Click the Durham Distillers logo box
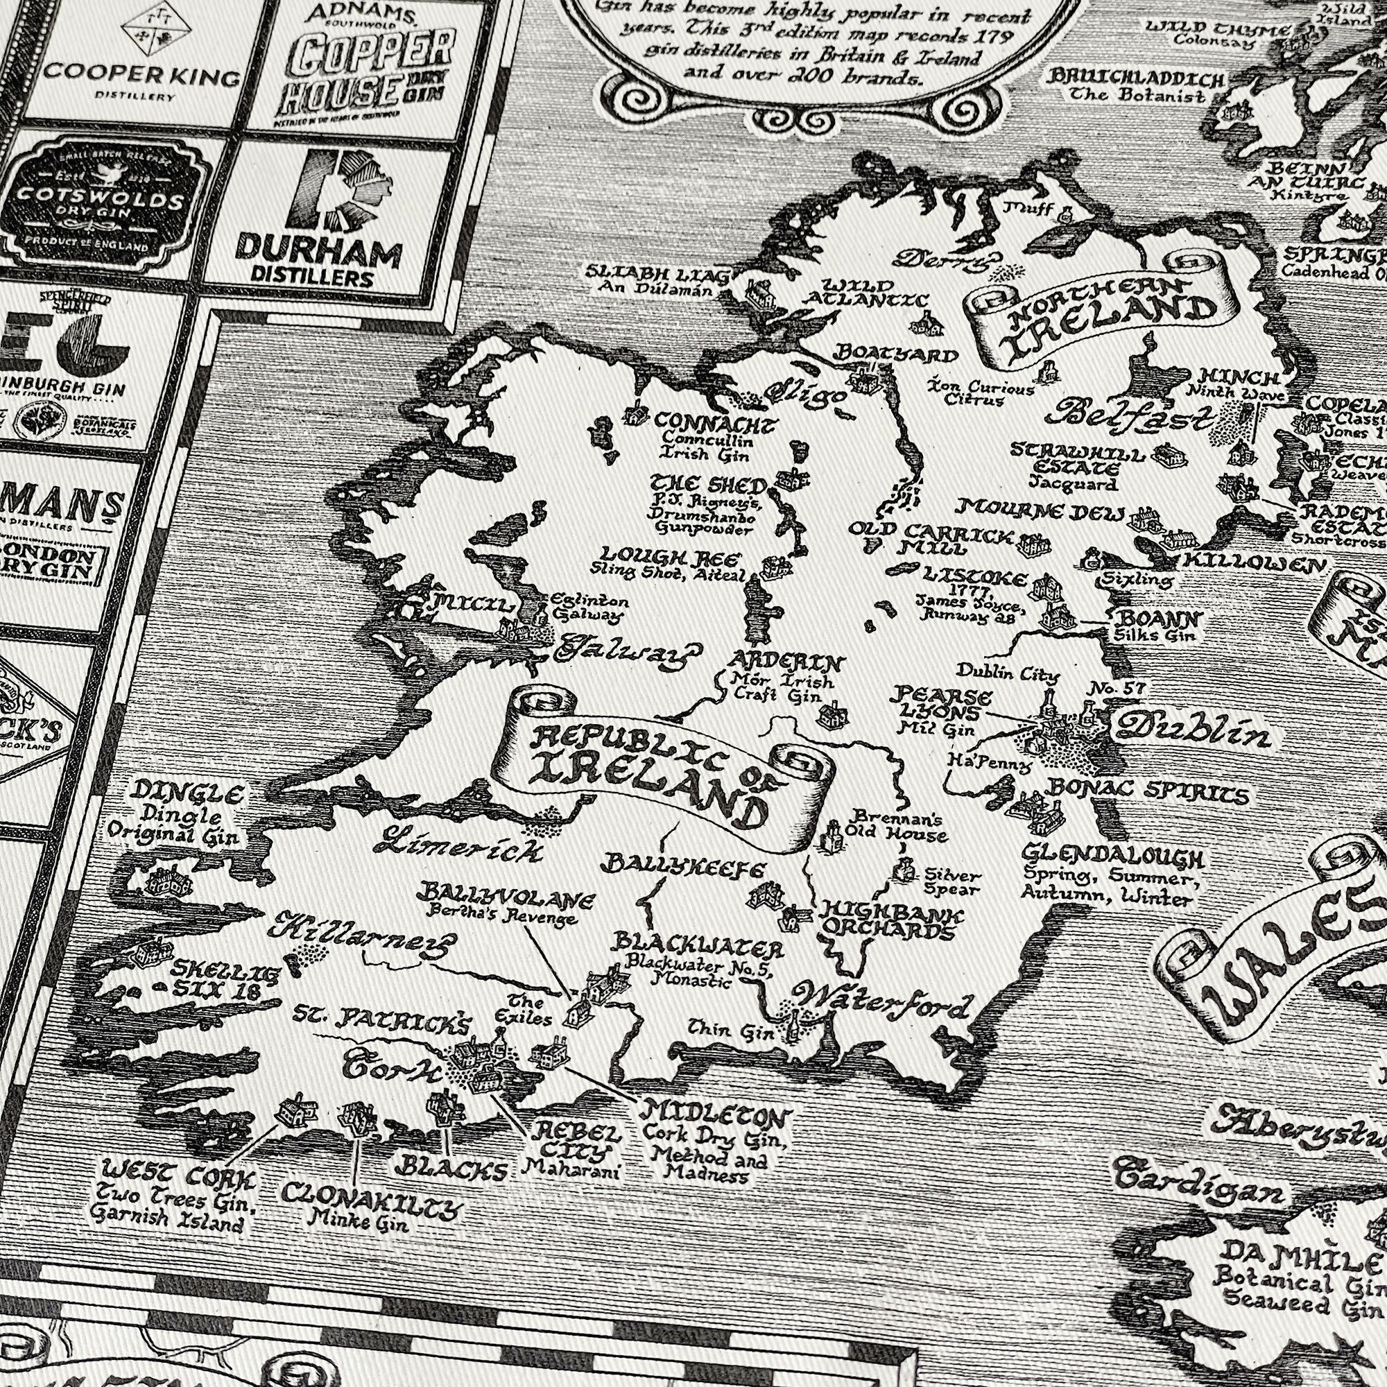(341, 222)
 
